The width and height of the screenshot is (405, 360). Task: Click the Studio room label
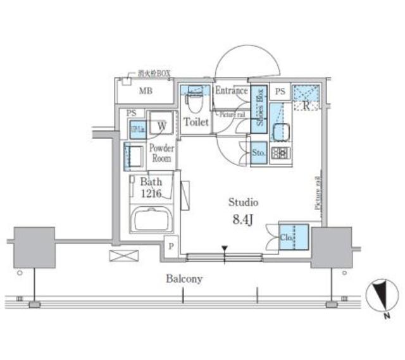pos(243,203)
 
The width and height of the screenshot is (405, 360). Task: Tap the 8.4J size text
pos(243,221)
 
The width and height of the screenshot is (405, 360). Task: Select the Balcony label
pos(184,278)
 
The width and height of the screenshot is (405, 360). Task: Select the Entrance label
pos(231,91)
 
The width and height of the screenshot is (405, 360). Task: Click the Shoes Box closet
pos(258,108)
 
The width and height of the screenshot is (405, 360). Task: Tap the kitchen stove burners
pos(280,152)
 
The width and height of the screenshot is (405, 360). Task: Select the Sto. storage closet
pos(258,153)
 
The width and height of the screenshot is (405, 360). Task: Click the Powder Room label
pos(161,153)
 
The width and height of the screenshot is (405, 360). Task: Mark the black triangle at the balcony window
pos(224,249)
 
